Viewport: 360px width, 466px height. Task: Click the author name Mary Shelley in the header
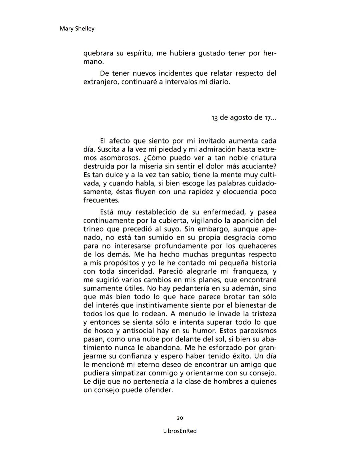point(77,29)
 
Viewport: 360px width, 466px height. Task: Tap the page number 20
point(180,418)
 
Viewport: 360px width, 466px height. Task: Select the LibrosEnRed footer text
point(180,431)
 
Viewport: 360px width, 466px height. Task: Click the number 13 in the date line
point(215,118)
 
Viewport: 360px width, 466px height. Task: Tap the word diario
point(219,82)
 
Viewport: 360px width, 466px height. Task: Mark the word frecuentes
point(101,200)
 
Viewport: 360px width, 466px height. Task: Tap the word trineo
point(93,229)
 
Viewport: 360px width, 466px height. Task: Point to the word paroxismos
point(257,331)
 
